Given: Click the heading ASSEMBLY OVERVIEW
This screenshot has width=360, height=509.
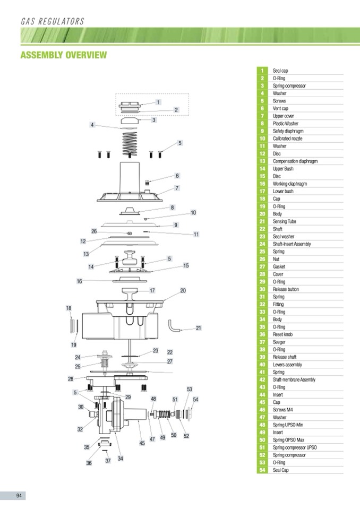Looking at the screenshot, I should [x=63, y=55].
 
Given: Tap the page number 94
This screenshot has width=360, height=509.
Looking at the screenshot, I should [x=19, y=496].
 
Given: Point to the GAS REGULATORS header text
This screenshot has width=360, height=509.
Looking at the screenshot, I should [x=52, y=22].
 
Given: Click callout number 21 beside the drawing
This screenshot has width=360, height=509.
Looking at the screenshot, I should [x=198, y=328].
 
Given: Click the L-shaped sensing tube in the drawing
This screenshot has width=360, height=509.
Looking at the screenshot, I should [x=174, y=325].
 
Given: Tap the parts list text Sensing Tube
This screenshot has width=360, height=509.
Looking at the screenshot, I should [x=285, y=221].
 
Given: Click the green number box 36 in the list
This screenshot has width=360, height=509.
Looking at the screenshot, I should [x=262, y=334].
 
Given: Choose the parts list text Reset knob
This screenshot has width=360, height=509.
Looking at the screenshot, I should [x=282, y=334].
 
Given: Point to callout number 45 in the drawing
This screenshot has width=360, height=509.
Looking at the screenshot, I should [x=142, y=443].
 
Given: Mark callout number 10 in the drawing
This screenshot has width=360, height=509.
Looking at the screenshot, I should [x=193, y=212].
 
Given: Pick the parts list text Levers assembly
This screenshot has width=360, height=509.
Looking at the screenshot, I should [x=287, y=365].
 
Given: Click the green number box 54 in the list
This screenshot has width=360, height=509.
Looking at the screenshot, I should [x=262, y=470].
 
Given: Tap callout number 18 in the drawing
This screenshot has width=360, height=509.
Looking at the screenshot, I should [x=68, y=308].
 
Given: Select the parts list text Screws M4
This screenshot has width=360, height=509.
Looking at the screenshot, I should [x=283, y=410].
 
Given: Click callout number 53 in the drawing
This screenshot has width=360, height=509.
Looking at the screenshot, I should [x=189, y=389].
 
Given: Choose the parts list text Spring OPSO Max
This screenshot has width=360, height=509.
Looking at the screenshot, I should [x=288, y=440].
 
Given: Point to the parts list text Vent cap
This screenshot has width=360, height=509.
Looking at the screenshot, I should [x=280, y=108].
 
